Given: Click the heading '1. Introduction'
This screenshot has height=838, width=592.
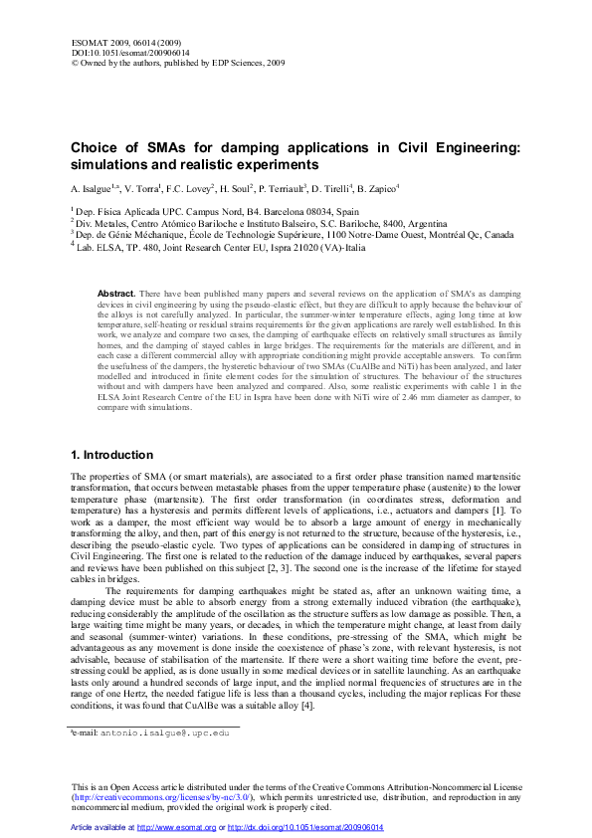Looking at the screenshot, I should tap(111, 455).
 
